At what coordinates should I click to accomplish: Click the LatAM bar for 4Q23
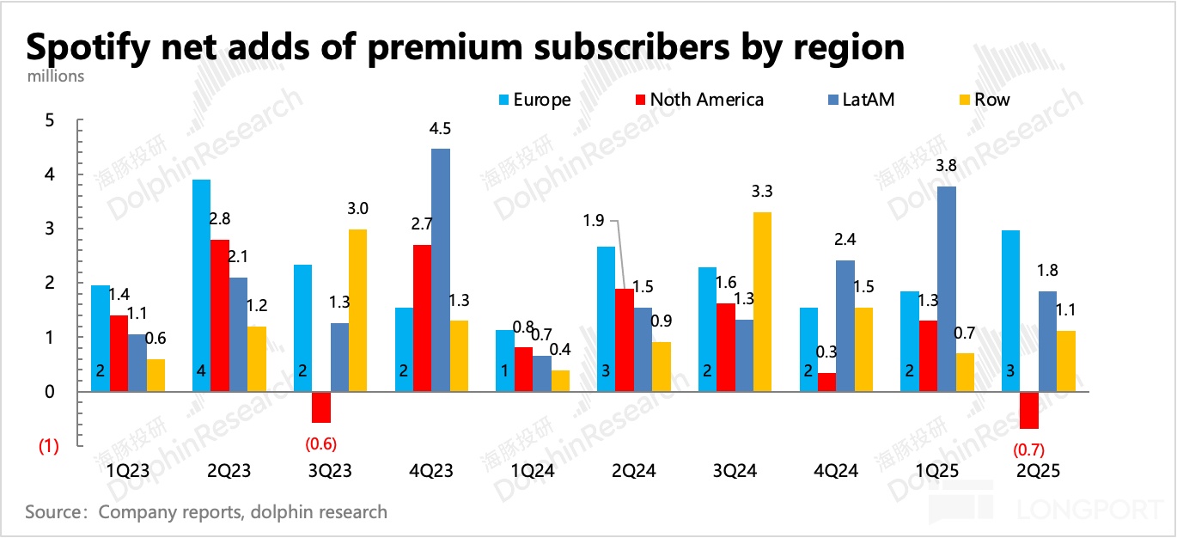tap(441, 270)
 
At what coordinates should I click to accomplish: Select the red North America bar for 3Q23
tap(322, 407)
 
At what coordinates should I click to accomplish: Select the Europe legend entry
tap(540, 100)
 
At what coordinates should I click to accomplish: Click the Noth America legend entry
tap(705, 100)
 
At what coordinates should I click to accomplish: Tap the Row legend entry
tap(991, 100)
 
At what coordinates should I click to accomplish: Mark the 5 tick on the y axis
tap(49, 120)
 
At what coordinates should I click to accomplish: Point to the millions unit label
tap(56, 76)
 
